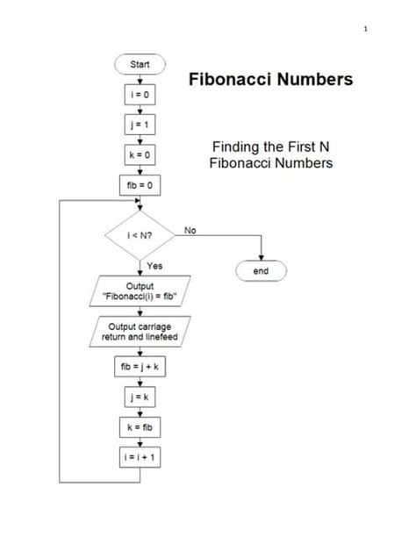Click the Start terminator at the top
[140, 64]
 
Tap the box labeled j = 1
[140, 125]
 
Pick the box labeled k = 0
[140, 154]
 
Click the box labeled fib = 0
[140, 185]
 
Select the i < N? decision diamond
[140, 234]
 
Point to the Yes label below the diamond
[154, 265]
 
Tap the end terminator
[261, 272]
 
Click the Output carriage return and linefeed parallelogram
[140, 333]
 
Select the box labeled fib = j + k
[140, 368]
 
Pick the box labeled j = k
[140, 397]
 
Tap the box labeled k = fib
[140, 427]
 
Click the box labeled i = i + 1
[140, 457]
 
